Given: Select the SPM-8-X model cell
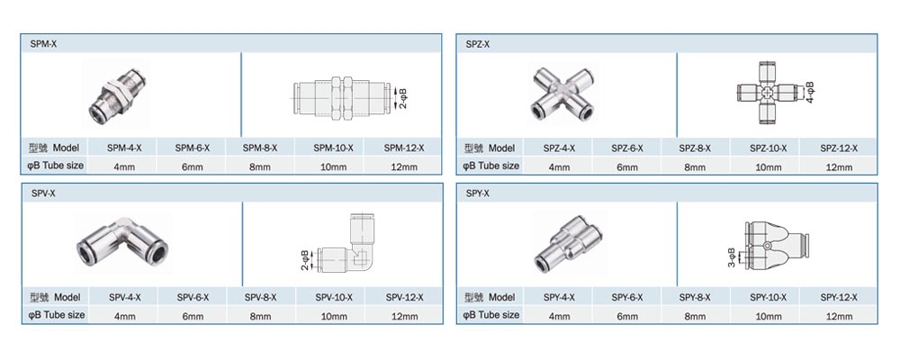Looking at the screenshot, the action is (260, 148).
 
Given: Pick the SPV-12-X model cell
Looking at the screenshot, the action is (405, 297).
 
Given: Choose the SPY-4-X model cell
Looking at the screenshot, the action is (559, 297).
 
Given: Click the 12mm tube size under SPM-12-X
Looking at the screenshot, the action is (404, 167).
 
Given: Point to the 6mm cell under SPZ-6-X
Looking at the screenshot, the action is (626, 167).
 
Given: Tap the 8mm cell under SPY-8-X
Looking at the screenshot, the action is (695, 317).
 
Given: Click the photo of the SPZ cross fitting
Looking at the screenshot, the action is (562, 94).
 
